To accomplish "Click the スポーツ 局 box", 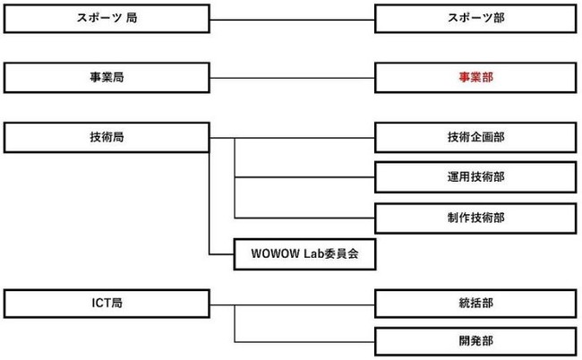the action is point(107,19).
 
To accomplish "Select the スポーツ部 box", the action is point(475,19).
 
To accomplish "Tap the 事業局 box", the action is point(107,78).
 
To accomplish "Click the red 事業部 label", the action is point(475,77).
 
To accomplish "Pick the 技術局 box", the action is point(107,137).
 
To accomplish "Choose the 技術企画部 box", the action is point(475,137).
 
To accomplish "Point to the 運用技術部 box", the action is point(475,177).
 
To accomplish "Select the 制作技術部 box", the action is point(475,218).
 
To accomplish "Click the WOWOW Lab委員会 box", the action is point(304,254).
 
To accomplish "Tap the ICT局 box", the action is point(107,304).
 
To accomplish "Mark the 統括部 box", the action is point(475,304).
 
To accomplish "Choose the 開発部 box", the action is point(475,341).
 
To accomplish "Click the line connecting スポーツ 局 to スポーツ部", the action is point(292,20).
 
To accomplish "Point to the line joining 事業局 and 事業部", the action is point(292,78).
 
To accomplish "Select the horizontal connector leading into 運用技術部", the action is point(304,177).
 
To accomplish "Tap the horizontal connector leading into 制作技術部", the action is point(304,218).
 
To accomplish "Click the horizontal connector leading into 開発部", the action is point(304,342).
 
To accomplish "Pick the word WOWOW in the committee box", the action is point(275,253).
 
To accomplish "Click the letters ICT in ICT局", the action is point(101,304).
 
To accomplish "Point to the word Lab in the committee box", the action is point(314,253).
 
